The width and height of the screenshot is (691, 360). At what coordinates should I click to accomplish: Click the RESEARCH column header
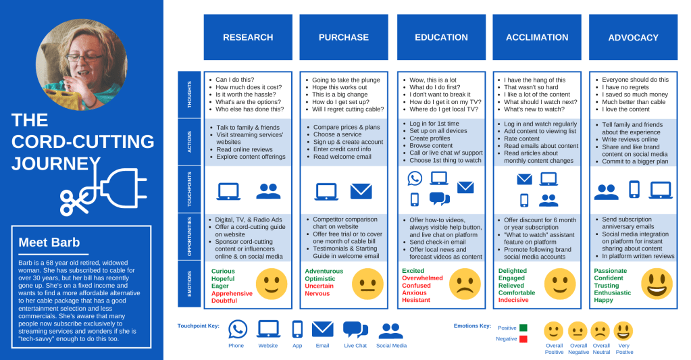coord(248,38)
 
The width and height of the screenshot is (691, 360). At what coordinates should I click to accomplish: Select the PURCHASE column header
coord(344,38)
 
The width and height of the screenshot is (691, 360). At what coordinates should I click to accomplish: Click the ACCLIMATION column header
coord(537,38)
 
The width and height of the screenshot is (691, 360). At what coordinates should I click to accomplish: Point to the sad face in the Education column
coord(464,284)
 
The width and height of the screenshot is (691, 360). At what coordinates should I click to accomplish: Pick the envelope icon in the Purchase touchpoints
coord(361,192)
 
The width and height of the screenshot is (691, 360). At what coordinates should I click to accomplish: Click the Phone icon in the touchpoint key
coord(238,329)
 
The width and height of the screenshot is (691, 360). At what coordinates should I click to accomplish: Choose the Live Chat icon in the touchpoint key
coord(355,329)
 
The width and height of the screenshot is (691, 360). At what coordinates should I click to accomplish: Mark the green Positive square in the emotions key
coord(523,328)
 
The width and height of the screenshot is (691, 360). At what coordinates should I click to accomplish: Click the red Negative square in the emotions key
coord(523,339)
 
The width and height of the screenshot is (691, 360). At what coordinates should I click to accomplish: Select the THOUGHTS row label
coord(188,95)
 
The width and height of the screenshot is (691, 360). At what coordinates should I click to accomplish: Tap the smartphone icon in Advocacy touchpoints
coord(634,190)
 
